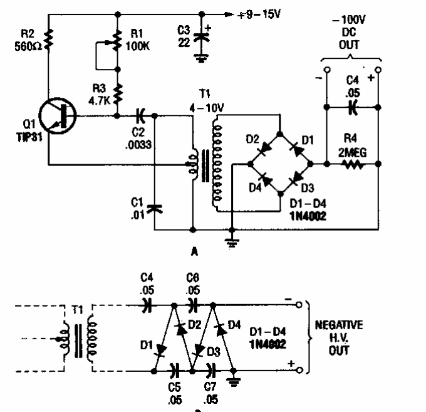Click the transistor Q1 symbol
tap(58, 117)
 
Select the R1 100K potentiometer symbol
tap(117, 45)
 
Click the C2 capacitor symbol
tap(140, 115)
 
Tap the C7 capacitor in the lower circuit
tap(211, 370)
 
